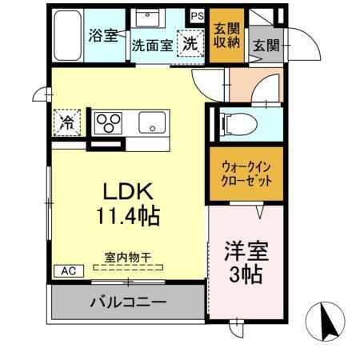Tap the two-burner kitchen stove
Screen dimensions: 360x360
pyautogui.click(x=110, y=122)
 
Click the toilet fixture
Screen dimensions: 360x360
pyautogui.click(x=233, y=122)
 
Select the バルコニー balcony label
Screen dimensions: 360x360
pyautogui.click(x=127, y=303)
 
